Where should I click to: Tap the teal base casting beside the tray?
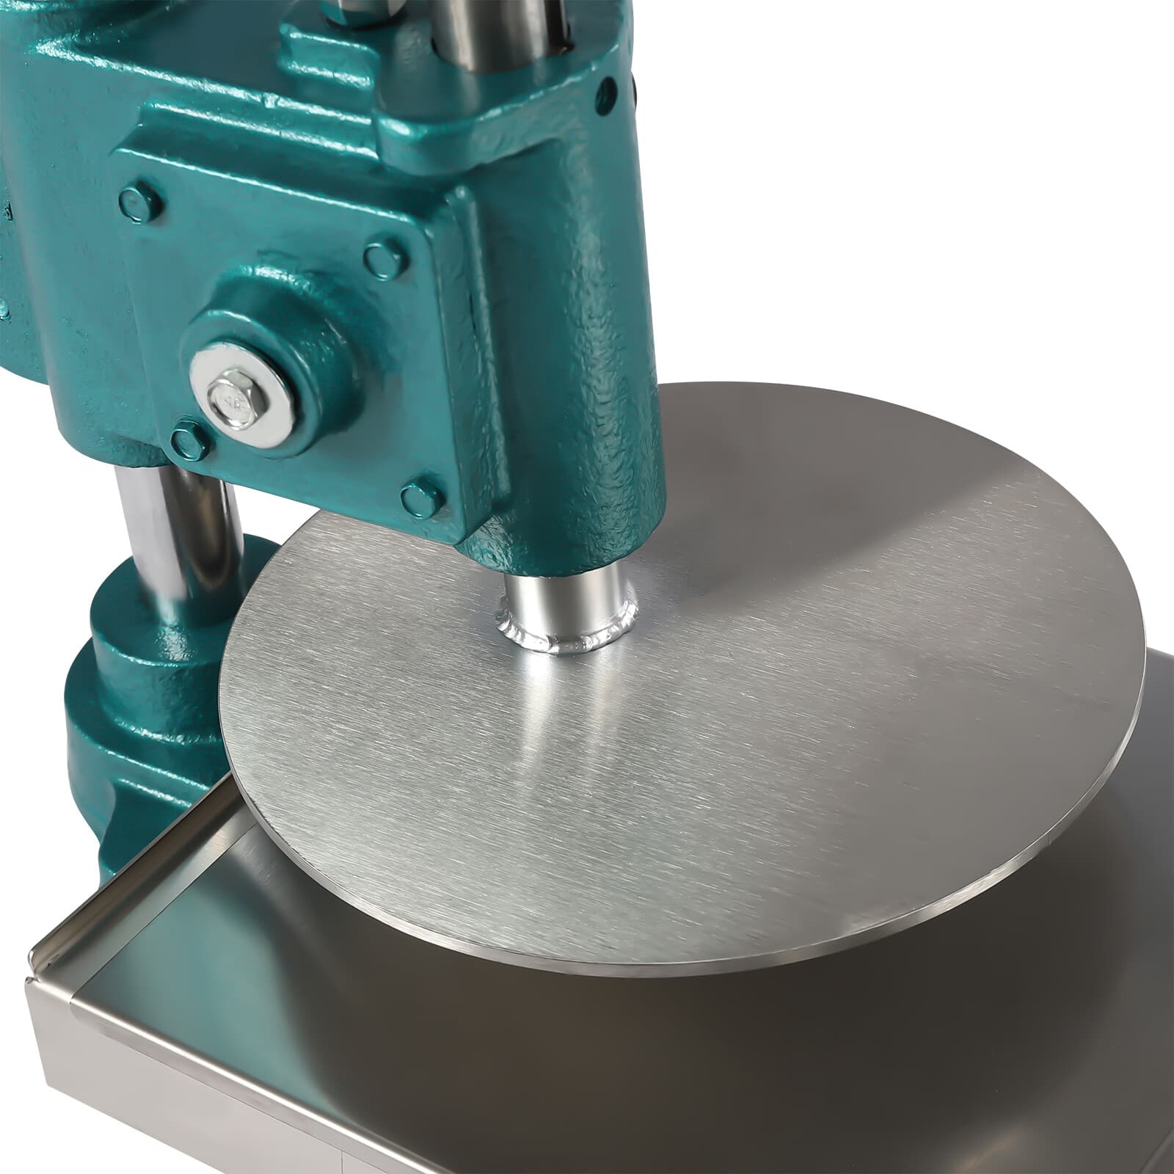click(110, 770)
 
